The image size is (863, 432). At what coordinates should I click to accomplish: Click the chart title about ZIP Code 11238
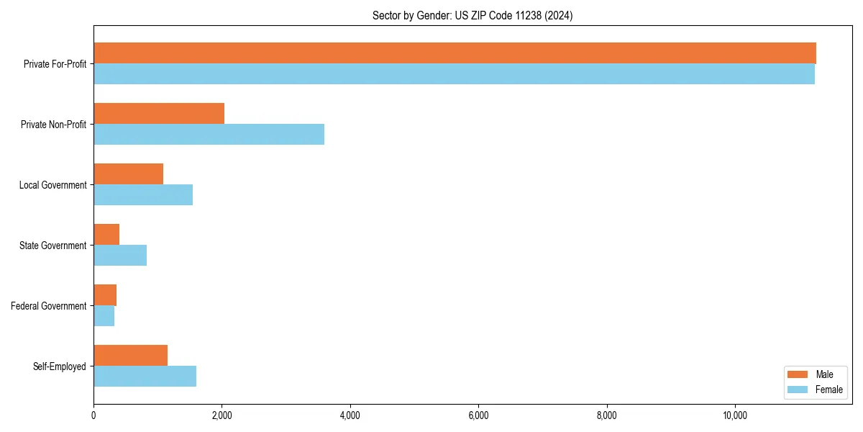point(472,16)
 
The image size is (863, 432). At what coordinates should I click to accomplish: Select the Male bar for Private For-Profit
point(455,53)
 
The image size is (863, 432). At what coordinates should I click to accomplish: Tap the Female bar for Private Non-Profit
point(209,135)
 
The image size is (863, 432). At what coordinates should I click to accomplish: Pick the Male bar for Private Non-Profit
point(159,114)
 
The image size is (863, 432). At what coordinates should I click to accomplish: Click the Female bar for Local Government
point(143,195)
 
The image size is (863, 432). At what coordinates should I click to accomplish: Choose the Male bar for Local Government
point(128,174)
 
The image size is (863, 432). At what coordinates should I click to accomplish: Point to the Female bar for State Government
point(120,256)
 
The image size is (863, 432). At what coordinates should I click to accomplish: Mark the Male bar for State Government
point(106,235)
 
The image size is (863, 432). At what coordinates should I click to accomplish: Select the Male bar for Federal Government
point(105,295)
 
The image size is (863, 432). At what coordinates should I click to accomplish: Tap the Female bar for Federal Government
point(104,316)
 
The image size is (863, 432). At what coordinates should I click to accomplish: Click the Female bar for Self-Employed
point(145,377)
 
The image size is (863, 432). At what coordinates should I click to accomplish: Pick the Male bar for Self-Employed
point(130,356)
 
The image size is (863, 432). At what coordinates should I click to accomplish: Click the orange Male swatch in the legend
point(798,374)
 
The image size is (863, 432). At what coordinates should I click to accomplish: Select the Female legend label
point(828,390)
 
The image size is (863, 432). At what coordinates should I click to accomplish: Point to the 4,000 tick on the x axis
point(350,415)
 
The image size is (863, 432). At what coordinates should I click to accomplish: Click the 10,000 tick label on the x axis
point(735,415)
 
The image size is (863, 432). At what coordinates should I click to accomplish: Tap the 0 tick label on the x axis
point(93,415)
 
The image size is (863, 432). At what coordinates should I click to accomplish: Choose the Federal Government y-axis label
point(49,306)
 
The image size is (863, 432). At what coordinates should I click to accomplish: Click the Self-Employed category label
point(60,366)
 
